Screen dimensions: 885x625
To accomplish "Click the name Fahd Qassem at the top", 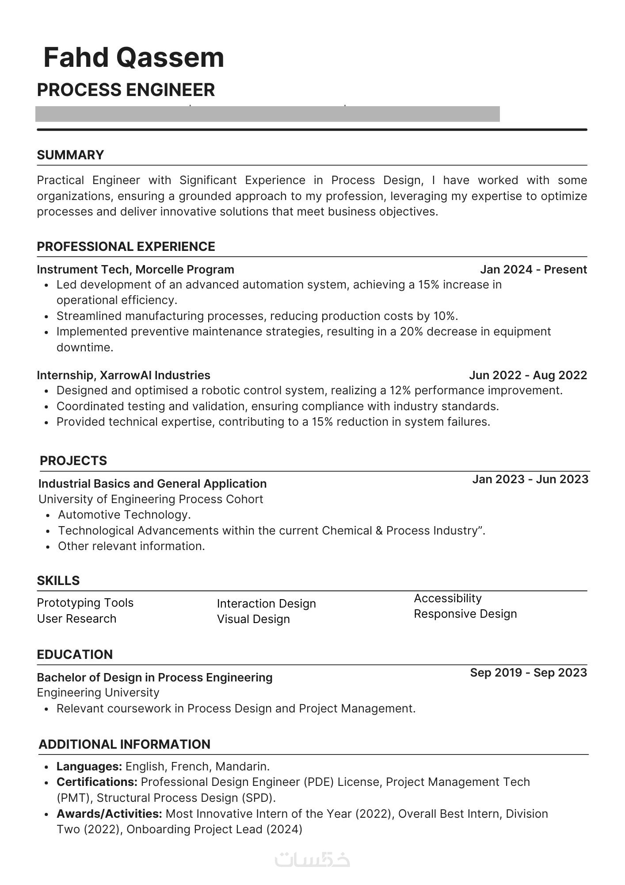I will tap(134, 58).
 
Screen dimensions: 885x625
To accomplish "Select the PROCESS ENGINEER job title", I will tap(126, 90).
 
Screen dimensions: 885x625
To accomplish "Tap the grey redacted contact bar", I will tap(267, 114).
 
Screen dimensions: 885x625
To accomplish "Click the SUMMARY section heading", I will tap(70, 155).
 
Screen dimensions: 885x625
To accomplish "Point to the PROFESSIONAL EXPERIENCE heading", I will tap(126, 246).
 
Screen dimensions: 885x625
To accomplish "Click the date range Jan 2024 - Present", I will tap(534, 269).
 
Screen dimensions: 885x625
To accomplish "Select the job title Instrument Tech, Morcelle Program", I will tap(135, 269).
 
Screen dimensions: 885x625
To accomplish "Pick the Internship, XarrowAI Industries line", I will tap(123, 375).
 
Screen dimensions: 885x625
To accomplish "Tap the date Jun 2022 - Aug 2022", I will tap(528, 375).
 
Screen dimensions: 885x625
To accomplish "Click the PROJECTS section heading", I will tap(73, 461).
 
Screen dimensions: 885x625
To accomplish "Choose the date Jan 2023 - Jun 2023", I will tap(530, 479).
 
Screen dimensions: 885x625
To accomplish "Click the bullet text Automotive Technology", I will tap(124, 515).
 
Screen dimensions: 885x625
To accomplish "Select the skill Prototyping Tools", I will tap(85, 603).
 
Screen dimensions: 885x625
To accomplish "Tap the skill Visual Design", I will tap(253, 619).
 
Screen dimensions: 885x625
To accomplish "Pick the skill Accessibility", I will tap(448, 598).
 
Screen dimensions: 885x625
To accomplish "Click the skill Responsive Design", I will tap(465, 614).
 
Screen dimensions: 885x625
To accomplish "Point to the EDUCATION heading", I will tap(75, 654).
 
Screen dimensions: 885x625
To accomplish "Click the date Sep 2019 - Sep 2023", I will tap(528, 673).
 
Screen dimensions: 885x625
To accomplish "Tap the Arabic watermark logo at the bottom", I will tap(312, 859).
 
